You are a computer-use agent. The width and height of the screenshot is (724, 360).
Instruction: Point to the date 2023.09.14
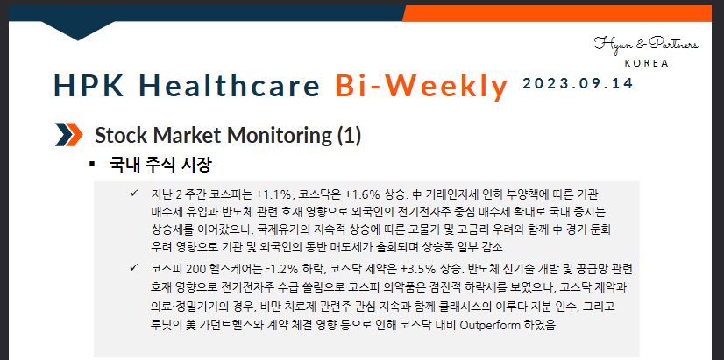(x=577, y=83)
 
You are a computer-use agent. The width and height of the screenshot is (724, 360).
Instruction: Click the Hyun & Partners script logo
(x=646, y=45)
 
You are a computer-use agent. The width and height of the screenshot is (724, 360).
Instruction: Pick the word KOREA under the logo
(x=647, y=63)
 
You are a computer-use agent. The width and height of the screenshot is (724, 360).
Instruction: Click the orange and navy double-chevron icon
(x=68, y=135)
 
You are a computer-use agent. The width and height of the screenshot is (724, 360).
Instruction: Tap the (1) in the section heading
(x=349, y=136)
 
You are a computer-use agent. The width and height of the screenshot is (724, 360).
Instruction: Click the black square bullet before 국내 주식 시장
(x=92, y=165)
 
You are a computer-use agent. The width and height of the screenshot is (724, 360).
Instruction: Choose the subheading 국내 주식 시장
(x=160, y=165)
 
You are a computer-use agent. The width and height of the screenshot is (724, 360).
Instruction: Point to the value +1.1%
(x=272, y=194)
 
